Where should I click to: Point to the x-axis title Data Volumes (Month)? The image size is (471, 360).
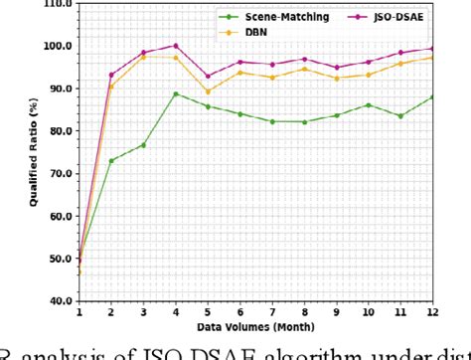pos(254,325)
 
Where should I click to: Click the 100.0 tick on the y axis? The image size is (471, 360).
pos(57,46)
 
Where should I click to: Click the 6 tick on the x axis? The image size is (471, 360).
pos(240,311)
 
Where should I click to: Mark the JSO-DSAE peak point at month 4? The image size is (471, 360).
pos(176,46)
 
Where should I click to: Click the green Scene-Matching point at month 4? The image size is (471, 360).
pos(176,94)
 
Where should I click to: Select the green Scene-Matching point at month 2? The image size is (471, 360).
pos(111,160)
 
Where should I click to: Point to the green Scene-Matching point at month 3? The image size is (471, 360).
pos(143,145)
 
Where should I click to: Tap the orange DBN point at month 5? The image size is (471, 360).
pos(208,91)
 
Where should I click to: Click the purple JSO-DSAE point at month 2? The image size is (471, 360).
pos(111,75)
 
